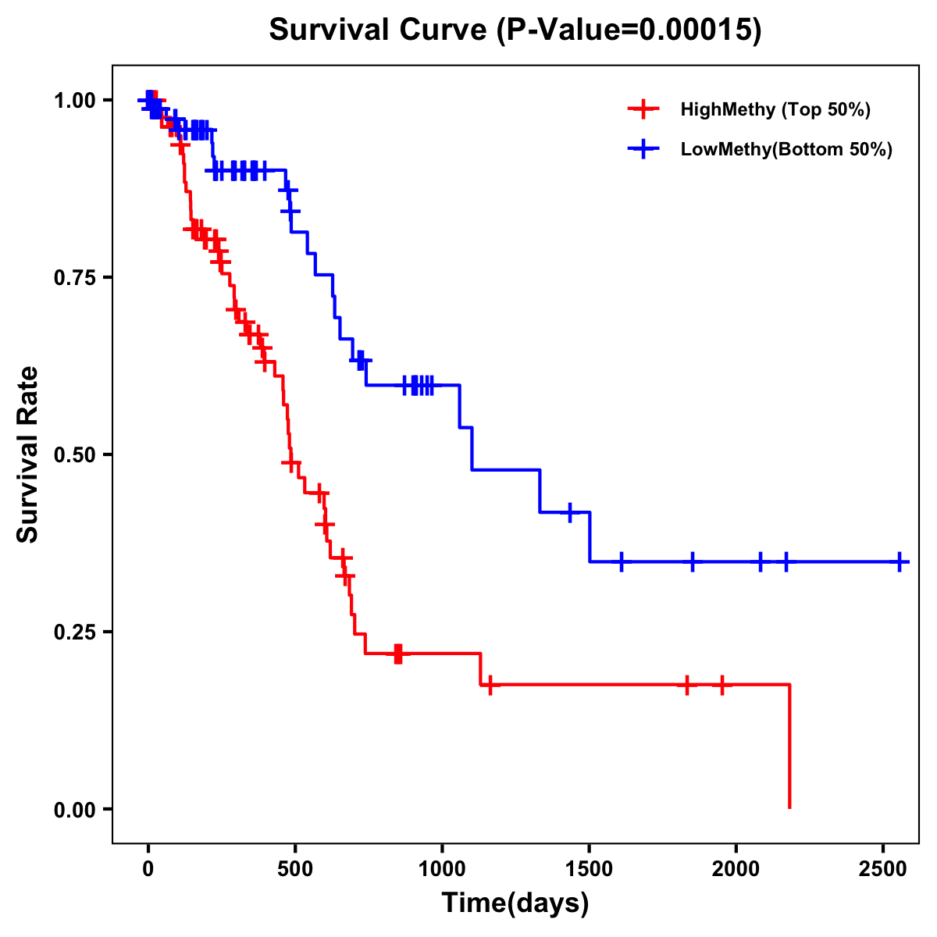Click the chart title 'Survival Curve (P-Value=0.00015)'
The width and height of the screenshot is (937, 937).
[x=515, y=30]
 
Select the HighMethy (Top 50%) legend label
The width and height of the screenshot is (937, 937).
[x=775, y=109]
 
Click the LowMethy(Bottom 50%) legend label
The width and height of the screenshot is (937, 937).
[x=786, y=149]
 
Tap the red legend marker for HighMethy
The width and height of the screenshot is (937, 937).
[x=642, y=109]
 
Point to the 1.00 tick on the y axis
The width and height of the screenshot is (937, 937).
[x=73, y=101]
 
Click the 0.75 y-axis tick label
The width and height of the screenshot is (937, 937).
[x=73, y=278]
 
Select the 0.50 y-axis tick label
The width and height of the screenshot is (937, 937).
[x=73, y=455]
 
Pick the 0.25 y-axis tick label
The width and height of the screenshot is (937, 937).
[x=73, y=632]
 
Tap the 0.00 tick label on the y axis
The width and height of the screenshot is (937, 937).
[x=73, y=810]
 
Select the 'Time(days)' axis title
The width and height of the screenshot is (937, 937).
[x=515, y=903]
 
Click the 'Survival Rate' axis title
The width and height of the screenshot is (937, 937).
[x=28, y=454]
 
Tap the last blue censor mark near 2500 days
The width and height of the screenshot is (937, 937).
[x=900, y=561]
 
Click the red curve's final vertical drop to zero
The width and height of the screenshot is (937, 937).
[x=789, y=746]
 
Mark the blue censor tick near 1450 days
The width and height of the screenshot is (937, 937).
[x=570, y=512]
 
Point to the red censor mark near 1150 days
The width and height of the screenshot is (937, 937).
[x=490, y=685]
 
